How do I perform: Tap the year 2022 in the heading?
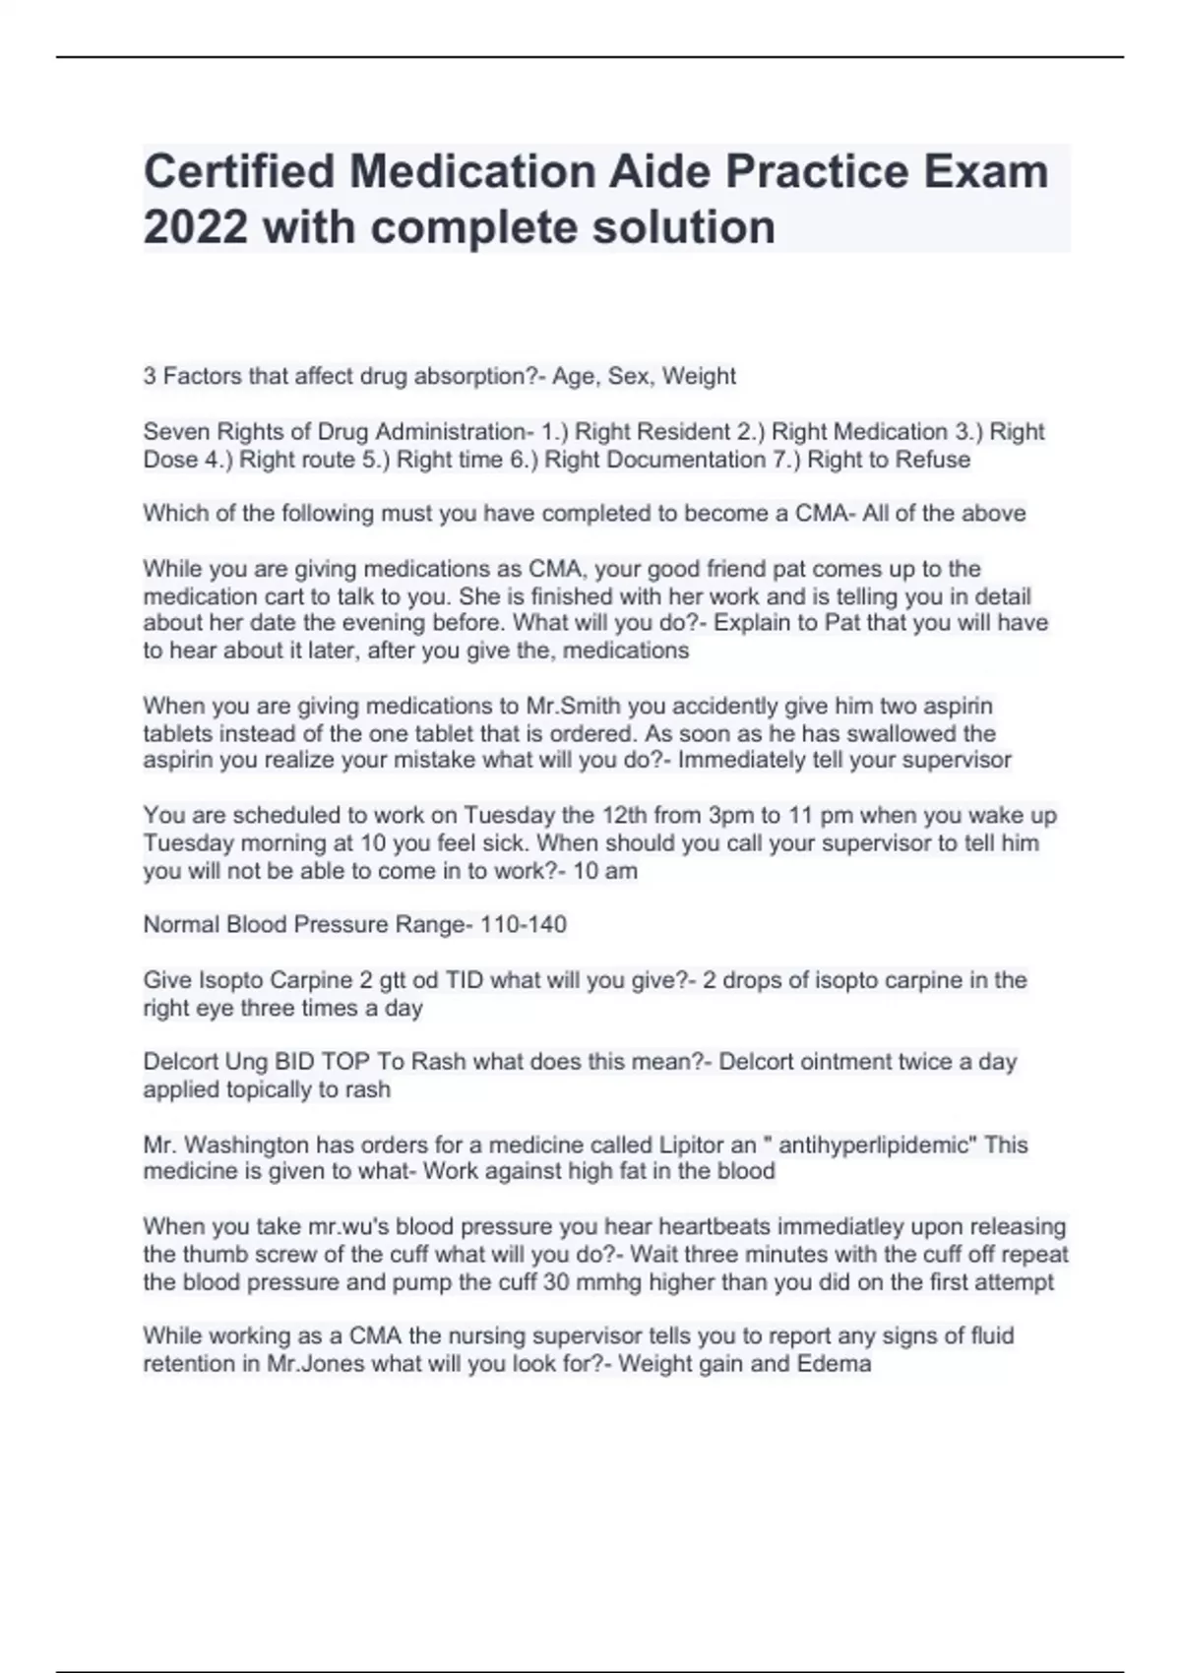click(195, 227)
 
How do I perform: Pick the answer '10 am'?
click(605, 871)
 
